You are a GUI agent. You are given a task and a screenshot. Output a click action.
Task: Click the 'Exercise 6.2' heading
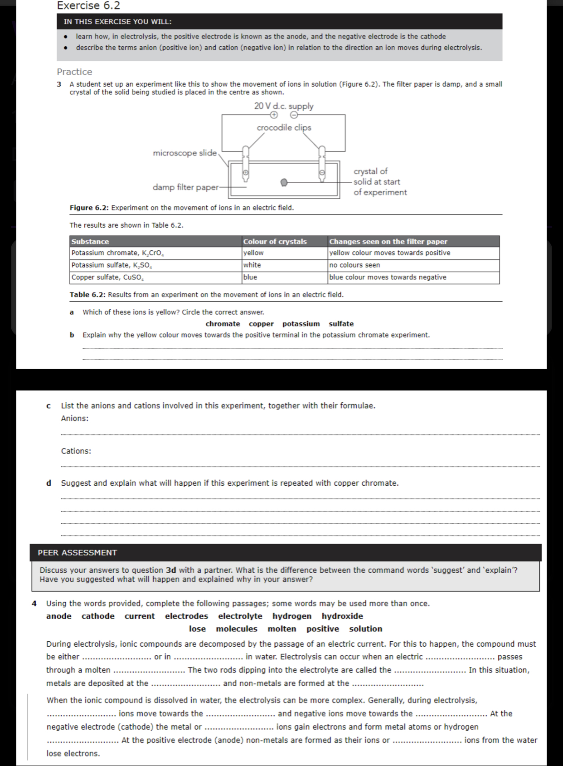(88, 6)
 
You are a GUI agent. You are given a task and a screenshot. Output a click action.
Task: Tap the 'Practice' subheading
(74, 72)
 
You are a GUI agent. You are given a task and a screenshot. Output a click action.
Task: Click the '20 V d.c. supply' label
(284, 106)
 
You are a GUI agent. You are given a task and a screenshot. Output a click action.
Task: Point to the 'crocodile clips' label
(284, 127)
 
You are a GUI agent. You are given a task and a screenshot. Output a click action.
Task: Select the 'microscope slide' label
(184, 153)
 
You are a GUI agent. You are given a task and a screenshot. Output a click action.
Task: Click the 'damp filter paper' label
(185, 187)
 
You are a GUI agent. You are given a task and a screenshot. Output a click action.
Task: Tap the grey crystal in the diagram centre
(284, 182)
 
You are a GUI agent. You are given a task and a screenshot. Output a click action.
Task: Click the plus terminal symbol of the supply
(273, 115)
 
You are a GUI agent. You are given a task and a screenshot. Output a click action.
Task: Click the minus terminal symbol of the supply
(293, 115)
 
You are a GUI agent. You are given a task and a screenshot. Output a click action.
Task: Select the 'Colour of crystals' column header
(275, 242)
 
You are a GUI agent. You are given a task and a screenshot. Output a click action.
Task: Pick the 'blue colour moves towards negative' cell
(388, 277)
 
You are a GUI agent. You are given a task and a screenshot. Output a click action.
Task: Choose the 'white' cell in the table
(252, 265)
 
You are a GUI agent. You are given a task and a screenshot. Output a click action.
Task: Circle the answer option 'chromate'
(223, 324)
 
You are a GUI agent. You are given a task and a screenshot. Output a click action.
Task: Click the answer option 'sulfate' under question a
(341, 324)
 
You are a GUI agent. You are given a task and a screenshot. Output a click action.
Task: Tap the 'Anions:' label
(75, 419)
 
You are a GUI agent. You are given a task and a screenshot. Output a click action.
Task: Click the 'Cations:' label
(76, 451)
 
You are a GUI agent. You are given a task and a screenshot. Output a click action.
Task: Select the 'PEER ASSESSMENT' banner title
(77, 553)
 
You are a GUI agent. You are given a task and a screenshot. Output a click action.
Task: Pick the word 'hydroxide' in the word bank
(342, 616)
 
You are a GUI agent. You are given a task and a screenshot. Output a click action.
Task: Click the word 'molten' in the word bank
(281, 629)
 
